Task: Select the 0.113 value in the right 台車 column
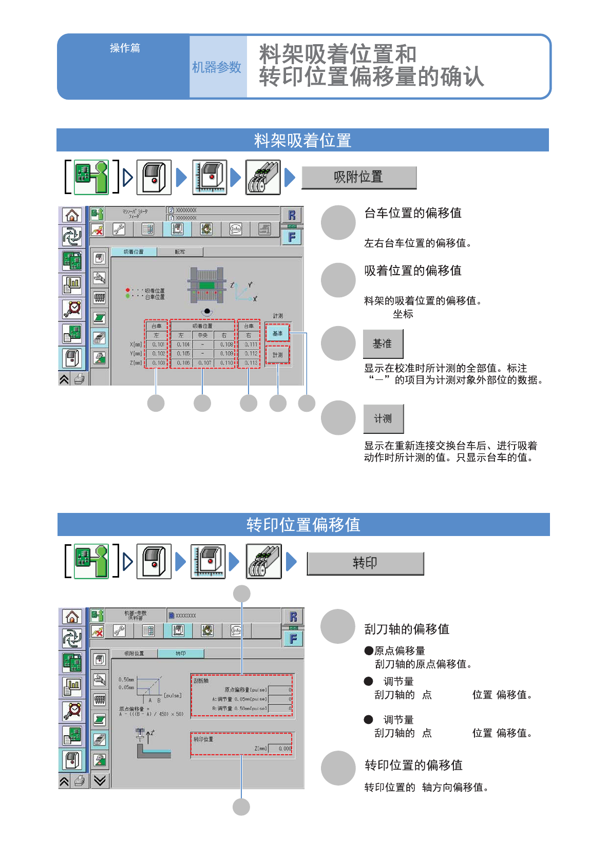(x=251, y=363)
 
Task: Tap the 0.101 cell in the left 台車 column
(x=158, y=345)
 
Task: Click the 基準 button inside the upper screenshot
(x=277, y=334)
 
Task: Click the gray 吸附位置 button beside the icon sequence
(x=358, y=178)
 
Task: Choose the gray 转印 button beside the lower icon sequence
(x=365, y=563)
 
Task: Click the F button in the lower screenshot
(x=293, y=639)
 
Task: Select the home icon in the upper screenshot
(x=72, y=216)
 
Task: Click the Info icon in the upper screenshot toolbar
(x=236, y=230)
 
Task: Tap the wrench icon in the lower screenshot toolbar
(x=119, y=630)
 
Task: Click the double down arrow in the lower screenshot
(x=100, y=781)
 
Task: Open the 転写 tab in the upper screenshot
(x=180, y=252)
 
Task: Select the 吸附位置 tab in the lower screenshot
(x=135, y=654)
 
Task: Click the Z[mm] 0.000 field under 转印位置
(x=280, y=749)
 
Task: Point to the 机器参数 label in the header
(x=217, y=67)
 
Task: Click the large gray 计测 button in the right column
(x=383, y=419)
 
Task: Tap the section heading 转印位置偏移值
(x=303, y=525)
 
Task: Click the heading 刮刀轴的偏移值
(x=407, y=629)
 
